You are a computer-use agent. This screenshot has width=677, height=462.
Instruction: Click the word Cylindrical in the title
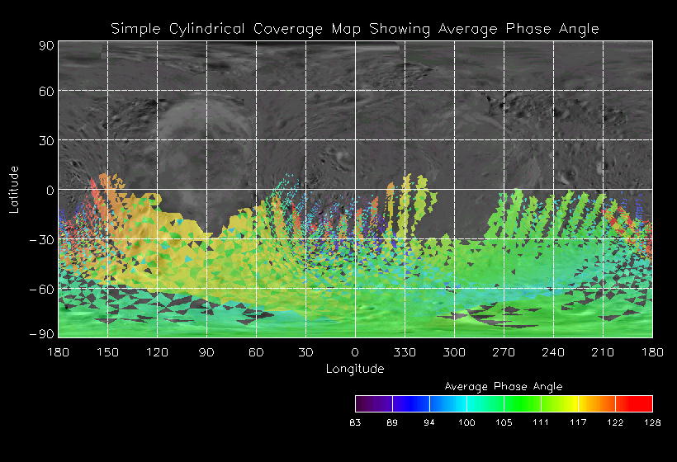pyautogui.click(x=197, y=29)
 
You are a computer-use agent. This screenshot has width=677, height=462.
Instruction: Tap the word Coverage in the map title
pyautogui.click(x=278, y=29)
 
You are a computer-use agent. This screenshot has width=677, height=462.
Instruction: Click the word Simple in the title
pyautogui.click(x=134, y=29)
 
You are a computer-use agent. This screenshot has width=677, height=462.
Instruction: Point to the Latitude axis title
pyautogui.click(x=14, y=189)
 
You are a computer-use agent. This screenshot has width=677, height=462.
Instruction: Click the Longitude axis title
pyautogui.click(x=355, y=369)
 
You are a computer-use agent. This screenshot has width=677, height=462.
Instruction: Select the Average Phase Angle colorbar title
pyautogui.click(x=504, y=386)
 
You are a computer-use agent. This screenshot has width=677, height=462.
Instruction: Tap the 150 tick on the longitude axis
pyautogui.click(x=107, y=353)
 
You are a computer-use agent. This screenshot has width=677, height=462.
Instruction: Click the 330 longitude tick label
pyautogui.click(x=405, y=353)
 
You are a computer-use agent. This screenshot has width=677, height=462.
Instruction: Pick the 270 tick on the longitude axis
pyautogui.click(x=504, y=353)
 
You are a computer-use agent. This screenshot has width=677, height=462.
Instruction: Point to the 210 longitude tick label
pyautogui.click(x=603, y=353)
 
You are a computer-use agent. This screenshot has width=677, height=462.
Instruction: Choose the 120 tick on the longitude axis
pyautogui.click(x=157, y=353)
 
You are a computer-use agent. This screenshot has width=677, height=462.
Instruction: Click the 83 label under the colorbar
pyautogui.click(x=356, y=423)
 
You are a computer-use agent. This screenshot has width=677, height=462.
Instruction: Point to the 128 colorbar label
pyautogui.click(x=652, y=423)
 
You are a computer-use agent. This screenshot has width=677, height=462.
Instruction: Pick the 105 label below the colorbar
pyautogui.click(x=504, y=423)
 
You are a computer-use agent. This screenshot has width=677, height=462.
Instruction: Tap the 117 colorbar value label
pyautogui.click(x=578, y=423)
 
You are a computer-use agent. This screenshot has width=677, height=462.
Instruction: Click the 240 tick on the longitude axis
pyautogui.click(x=553, y=353)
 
